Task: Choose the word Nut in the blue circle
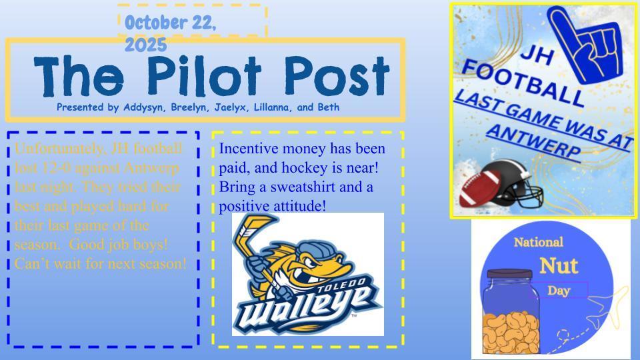point(559,265)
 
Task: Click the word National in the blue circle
point(538,242)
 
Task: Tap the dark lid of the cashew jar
point(509,274)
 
